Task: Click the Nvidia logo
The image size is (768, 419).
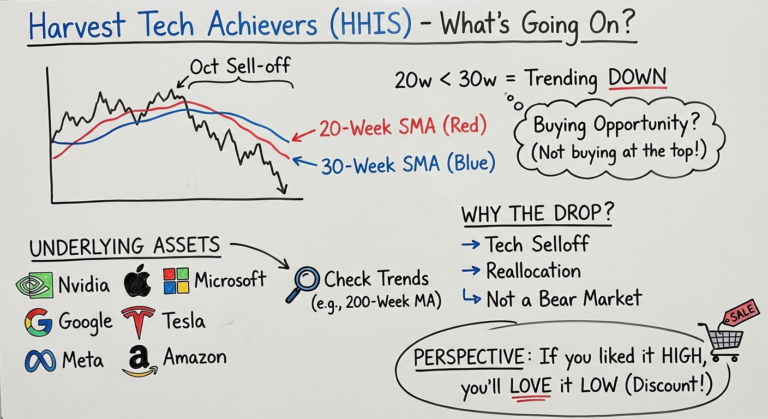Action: (34, 285)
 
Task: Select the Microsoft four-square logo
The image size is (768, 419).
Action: (176, 281)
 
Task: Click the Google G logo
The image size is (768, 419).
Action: (38, 322)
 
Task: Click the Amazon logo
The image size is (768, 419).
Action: (140, 361)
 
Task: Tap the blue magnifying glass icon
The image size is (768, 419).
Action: (302, 284)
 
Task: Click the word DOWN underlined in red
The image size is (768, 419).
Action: (638, 78)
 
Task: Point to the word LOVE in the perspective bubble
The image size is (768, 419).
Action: (530, 386)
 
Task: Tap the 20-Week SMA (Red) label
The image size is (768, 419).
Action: (403, 127)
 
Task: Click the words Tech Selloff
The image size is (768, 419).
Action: (538, 244)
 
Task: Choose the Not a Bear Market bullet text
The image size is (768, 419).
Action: (564, 298)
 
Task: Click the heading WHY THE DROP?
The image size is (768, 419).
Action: (537, 214)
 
